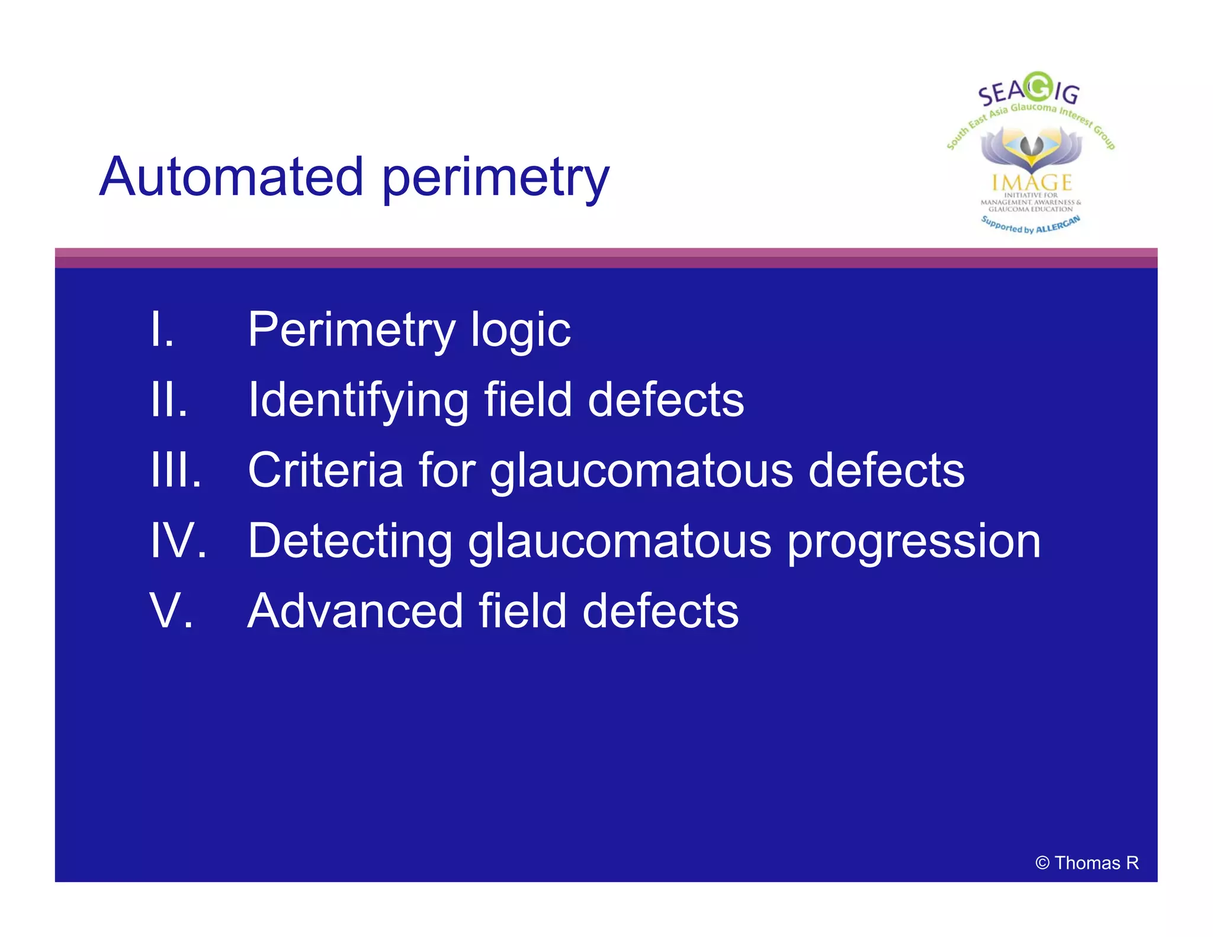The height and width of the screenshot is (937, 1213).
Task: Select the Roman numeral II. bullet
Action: click(x=169, y=400)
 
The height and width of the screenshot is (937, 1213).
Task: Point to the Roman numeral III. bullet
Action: click(x=176, y=470)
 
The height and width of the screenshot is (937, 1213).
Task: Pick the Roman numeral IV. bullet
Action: click(x=178, y=540)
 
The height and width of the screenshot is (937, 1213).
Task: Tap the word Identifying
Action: click(x=358, y=401)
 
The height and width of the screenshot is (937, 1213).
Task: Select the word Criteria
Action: click(x=325, y=470)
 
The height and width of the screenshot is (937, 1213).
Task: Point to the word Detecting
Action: click(x=350, y=541)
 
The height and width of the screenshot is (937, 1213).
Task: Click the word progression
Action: click(x=913, y=543)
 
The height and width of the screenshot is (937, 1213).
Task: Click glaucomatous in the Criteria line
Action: click(x=641, y=471)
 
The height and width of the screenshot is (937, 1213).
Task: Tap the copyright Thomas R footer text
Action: click(x=1086, y=863)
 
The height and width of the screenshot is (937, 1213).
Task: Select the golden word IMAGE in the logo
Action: click(x=1031, y=182)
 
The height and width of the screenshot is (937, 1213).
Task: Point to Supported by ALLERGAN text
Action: click(x=1030, y=226)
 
